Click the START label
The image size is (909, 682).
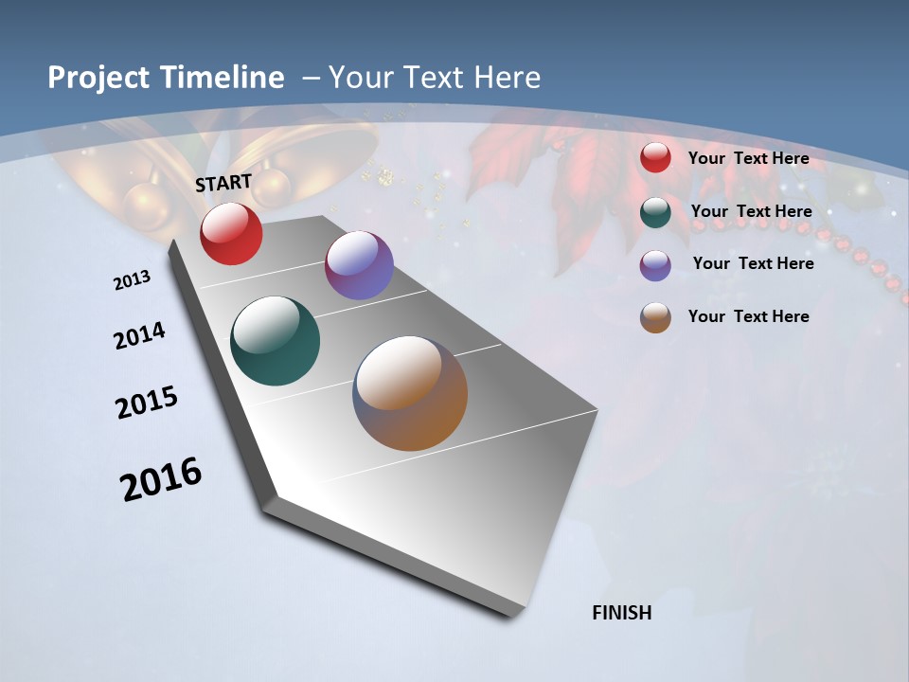point(223,183)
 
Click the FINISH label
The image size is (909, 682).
point(621,613)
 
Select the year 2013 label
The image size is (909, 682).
point(132,280)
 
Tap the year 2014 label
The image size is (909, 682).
point(139,335)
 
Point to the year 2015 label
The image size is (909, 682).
point(147,403)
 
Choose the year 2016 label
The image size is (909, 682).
point(161,479)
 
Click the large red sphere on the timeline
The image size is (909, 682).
point(231,233)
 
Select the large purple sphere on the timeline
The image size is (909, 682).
point(359,265)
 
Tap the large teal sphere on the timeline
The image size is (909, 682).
point(276,341)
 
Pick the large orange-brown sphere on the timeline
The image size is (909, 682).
point(410,393)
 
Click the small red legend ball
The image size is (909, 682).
point(655,158)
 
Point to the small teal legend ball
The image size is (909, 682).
point(655,212)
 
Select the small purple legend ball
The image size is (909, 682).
point(655,265)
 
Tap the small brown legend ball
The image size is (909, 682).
point(655,317)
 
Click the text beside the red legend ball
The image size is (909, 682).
point(748,158)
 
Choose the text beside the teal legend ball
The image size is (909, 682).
point(751,211)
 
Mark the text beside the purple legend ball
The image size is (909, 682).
point(753,263)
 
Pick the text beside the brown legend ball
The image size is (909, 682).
point(748,316)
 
